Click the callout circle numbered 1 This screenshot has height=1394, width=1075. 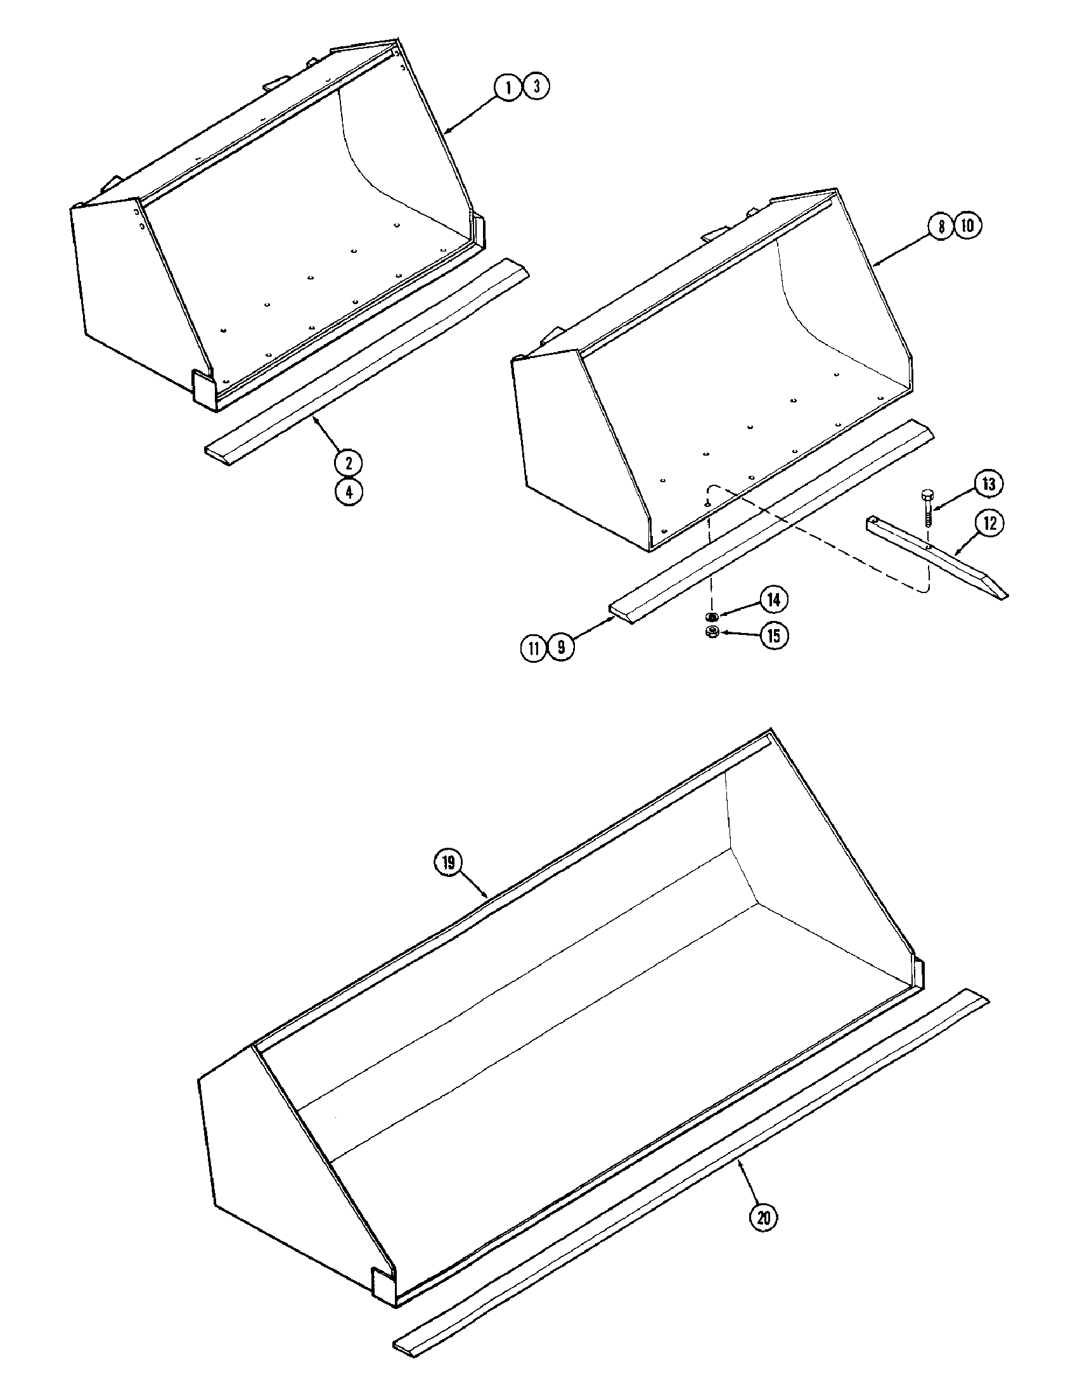click(x=509, y=87)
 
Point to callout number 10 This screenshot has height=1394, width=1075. click(x=969, y=227)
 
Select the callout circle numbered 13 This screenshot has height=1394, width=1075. click(x=988, y=485)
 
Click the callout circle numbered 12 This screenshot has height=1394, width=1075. click(x=989, y=523)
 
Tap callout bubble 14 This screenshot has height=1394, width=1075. click(x=774, y=599)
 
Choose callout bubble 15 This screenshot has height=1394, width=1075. click(x=774, y=636)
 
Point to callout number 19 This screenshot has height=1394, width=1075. click(x=448, y=863)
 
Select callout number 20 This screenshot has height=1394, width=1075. click(x=764, y=1218)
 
